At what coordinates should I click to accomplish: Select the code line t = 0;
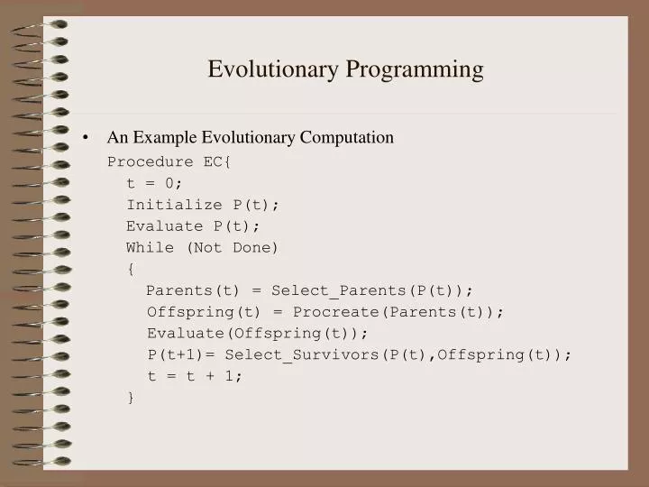[155, 183]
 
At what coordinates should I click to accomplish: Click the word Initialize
[174, 205]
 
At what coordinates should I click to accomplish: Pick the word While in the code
[150, 247]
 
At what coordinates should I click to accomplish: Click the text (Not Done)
[233, 247]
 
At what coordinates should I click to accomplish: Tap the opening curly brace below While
[131, 269]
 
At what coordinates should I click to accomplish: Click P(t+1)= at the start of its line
[182, 354]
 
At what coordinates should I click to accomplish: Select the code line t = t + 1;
[195, 376]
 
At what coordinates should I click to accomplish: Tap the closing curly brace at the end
[131, 397]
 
